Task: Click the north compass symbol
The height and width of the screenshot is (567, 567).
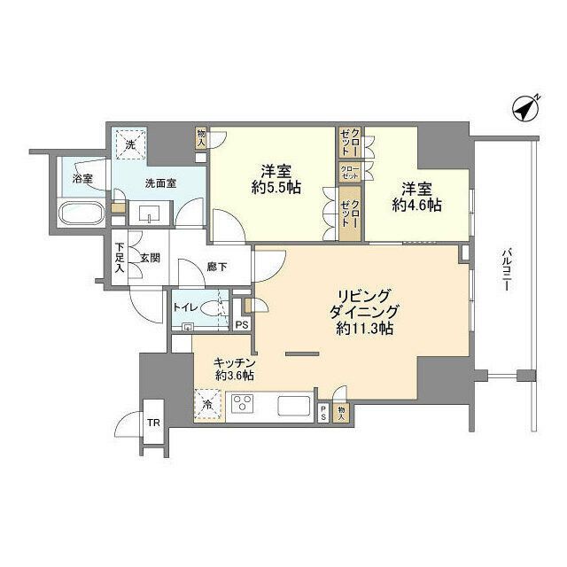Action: click(x=527, y=109)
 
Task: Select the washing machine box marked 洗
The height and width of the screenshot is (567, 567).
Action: click(x=129, y=144)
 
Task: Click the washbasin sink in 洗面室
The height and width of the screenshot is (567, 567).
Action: click(x=145, y=212)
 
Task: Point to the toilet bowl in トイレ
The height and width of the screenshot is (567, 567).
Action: click(x=212, y=311)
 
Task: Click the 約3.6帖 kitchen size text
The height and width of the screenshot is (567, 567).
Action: click(x=234, y=376)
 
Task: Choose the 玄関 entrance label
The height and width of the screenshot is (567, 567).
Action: click(x=149, y=258)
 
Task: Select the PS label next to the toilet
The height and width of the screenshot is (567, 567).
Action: click(x=241, y=324)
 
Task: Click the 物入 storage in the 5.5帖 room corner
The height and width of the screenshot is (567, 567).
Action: click(x=201, y=136)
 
